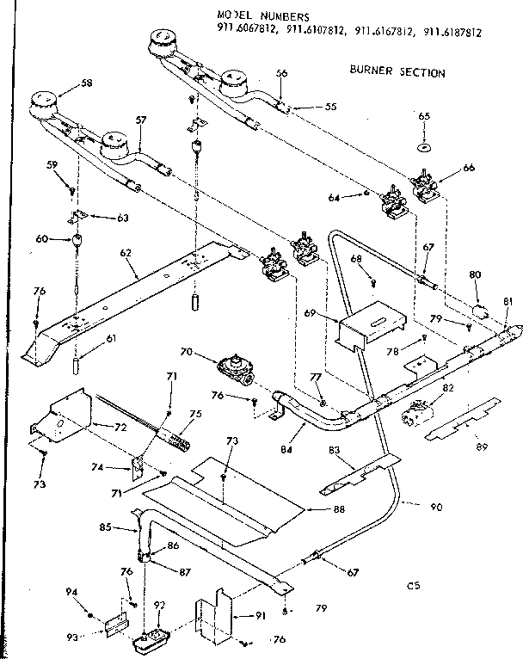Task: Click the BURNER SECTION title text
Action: pos(397,72)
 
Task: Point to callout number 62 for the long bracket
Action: pos(127,253)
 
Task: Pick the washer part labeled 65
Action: pos(424,148)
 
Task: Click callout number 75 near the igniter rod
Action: pos(195,415)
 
